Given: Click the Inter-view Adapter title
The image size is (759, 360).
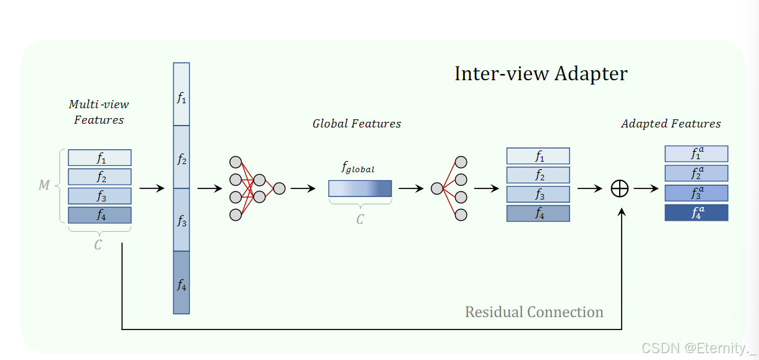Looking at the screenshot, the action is pyautogui.click(x=541, y=73).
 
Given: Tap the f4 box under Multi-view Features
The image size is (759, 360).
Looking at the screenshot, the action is pyautogui.click(x=99, y=215).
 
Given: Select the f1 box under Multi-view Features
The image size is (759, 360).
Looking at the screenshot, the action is pyautogui.click(x=99, y=158).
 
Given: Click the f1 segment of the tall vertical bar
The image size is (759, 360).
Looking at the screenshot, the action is pyautogui.click(x=182, y=95).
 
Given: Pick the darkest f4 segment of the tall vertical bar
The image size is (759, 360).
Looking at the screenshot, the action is pyautogui.click(x=182, y=283).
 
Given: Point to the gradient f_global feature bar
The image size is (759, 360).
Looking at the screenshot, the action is pyautogui.click(x=360, y=188).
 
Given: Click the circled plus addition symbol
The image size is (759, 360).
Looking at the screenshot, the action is pyautogui.click(x=620, y=188).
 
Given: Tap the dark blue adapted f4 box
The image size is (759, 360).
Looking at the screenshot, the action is pyautogui.click(x=696, y=213).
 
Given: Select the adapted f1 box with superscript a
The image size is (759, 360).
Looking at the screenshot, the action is pyautogui.click(x=696, y=154).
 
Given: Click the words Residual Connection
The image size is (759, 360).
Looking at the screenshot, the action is pyautogui.click(x=534, y=312).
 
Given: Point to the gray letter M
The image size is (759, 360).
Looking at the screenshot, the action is pyautogui.click(x=44, y=185).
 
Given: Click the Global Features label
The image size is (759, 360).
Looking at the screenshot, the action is pyautogui.click(x=356, y=123).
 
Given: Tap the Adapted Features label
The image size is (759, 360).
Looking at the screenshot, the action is pyautogui.click(x=671, y=123).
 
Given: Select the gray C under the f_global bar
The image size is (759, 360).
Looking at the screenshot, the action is pyautogui.click(x=360, y=219).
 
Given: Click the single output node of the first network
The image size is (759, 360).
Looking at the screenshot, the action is pyautogui.click(x=279, y=188).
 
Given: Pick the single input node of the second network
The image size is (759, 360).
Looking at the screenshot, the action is pyautogui.click(x=437, y=188).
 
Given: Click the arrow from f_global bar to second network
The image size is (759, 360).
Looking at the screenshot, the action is pyautogui.click(x=411, y=188).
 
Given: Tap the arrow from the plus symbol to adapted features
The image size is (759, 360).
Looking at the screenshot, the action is pyautogui.click(x=646, y=188).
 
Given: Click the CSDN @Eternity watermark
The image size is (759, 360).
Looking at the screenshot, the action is pyautogui.click(x=698, y=348).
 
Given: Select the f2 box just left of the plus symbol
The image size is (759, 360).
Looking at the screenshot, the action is pyautogui.click(x=538, y=175).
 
